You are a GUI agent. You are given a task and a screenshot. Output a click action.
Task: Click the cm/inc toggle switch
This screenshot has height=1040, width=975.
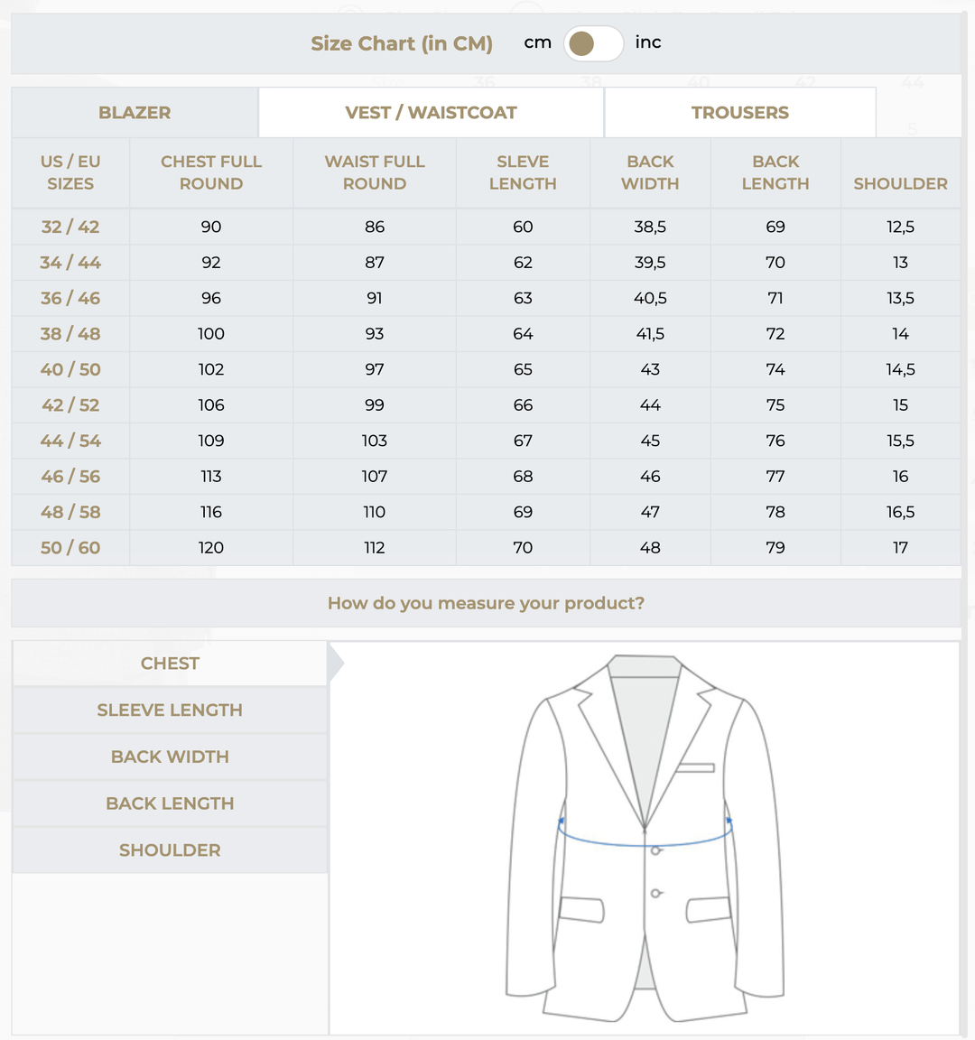coord(593,43)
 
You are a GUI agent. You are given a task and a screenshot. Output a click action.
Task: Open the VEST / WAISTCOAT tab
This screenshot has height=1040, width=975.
coord(431,113)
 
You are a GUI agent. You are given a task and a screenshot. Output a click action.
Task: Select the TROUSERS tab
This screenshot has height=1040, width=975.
coord(739,113)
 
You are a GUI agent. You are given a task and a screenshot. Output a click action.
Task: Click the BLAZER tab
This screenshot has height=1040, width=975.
coord(135,113)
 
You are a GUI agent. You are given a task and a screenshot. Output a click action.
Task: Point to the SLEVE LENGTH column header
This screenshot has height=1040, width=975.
coord(523,172)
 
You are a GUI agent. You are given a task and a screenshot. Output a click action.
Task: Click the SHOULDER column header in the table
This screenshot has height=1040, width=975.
coord(900,183)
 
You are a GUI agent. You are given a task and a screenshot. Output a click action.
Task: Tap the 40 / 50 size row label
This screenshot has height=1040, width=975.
coord(70,369)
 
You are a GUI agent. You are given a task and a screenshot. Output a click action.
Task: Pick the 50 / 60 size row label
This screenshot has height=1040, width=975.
coord(70,548)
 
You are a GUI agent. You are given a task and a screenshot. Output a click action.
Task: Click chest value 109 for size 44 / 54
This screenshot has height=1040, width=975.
coord(211,441)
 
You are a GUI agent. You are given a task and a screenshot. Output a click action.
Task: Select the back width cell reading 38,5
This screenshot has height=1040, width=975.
coord(650,227)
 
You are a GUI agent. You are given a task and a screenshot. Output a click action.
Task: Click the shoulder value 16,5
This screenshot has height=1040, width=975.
coord(900,512)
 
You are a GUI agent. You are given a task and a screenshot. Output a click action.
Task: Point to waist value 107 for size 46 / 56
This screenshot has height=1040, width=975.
coord(375,477)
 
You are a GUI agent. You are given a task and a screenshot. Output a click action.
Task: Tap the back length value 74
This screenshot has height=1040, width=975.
coord(775,369)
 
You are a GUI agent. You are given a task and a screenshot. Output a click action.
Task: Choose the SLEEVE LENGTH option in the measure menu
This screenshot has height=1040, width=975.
coord(170,710)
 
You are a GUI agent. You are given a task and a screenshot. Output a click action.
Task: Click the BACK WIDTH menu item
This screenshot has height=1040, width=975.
coord(170,757)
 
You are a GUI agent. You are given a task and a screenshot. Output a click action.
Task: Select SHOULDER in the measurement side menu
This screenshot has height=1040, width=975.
coord(170,850)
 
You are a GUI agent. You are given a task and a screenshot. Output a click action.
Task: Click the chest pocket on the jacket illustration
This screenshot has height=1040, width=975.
coord(696,768)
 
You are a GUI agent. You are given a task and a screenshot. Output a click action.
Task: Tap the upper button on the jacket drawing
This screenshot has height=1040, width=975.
coord(656,850)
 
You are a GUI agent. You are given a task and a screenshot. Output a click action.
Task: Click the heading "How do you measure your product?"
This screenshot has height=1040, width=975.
coord(486,603)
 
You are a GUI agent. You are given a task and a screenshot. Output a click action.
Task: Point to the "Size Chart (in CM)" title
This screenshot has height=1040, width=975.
coord(402,43)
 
